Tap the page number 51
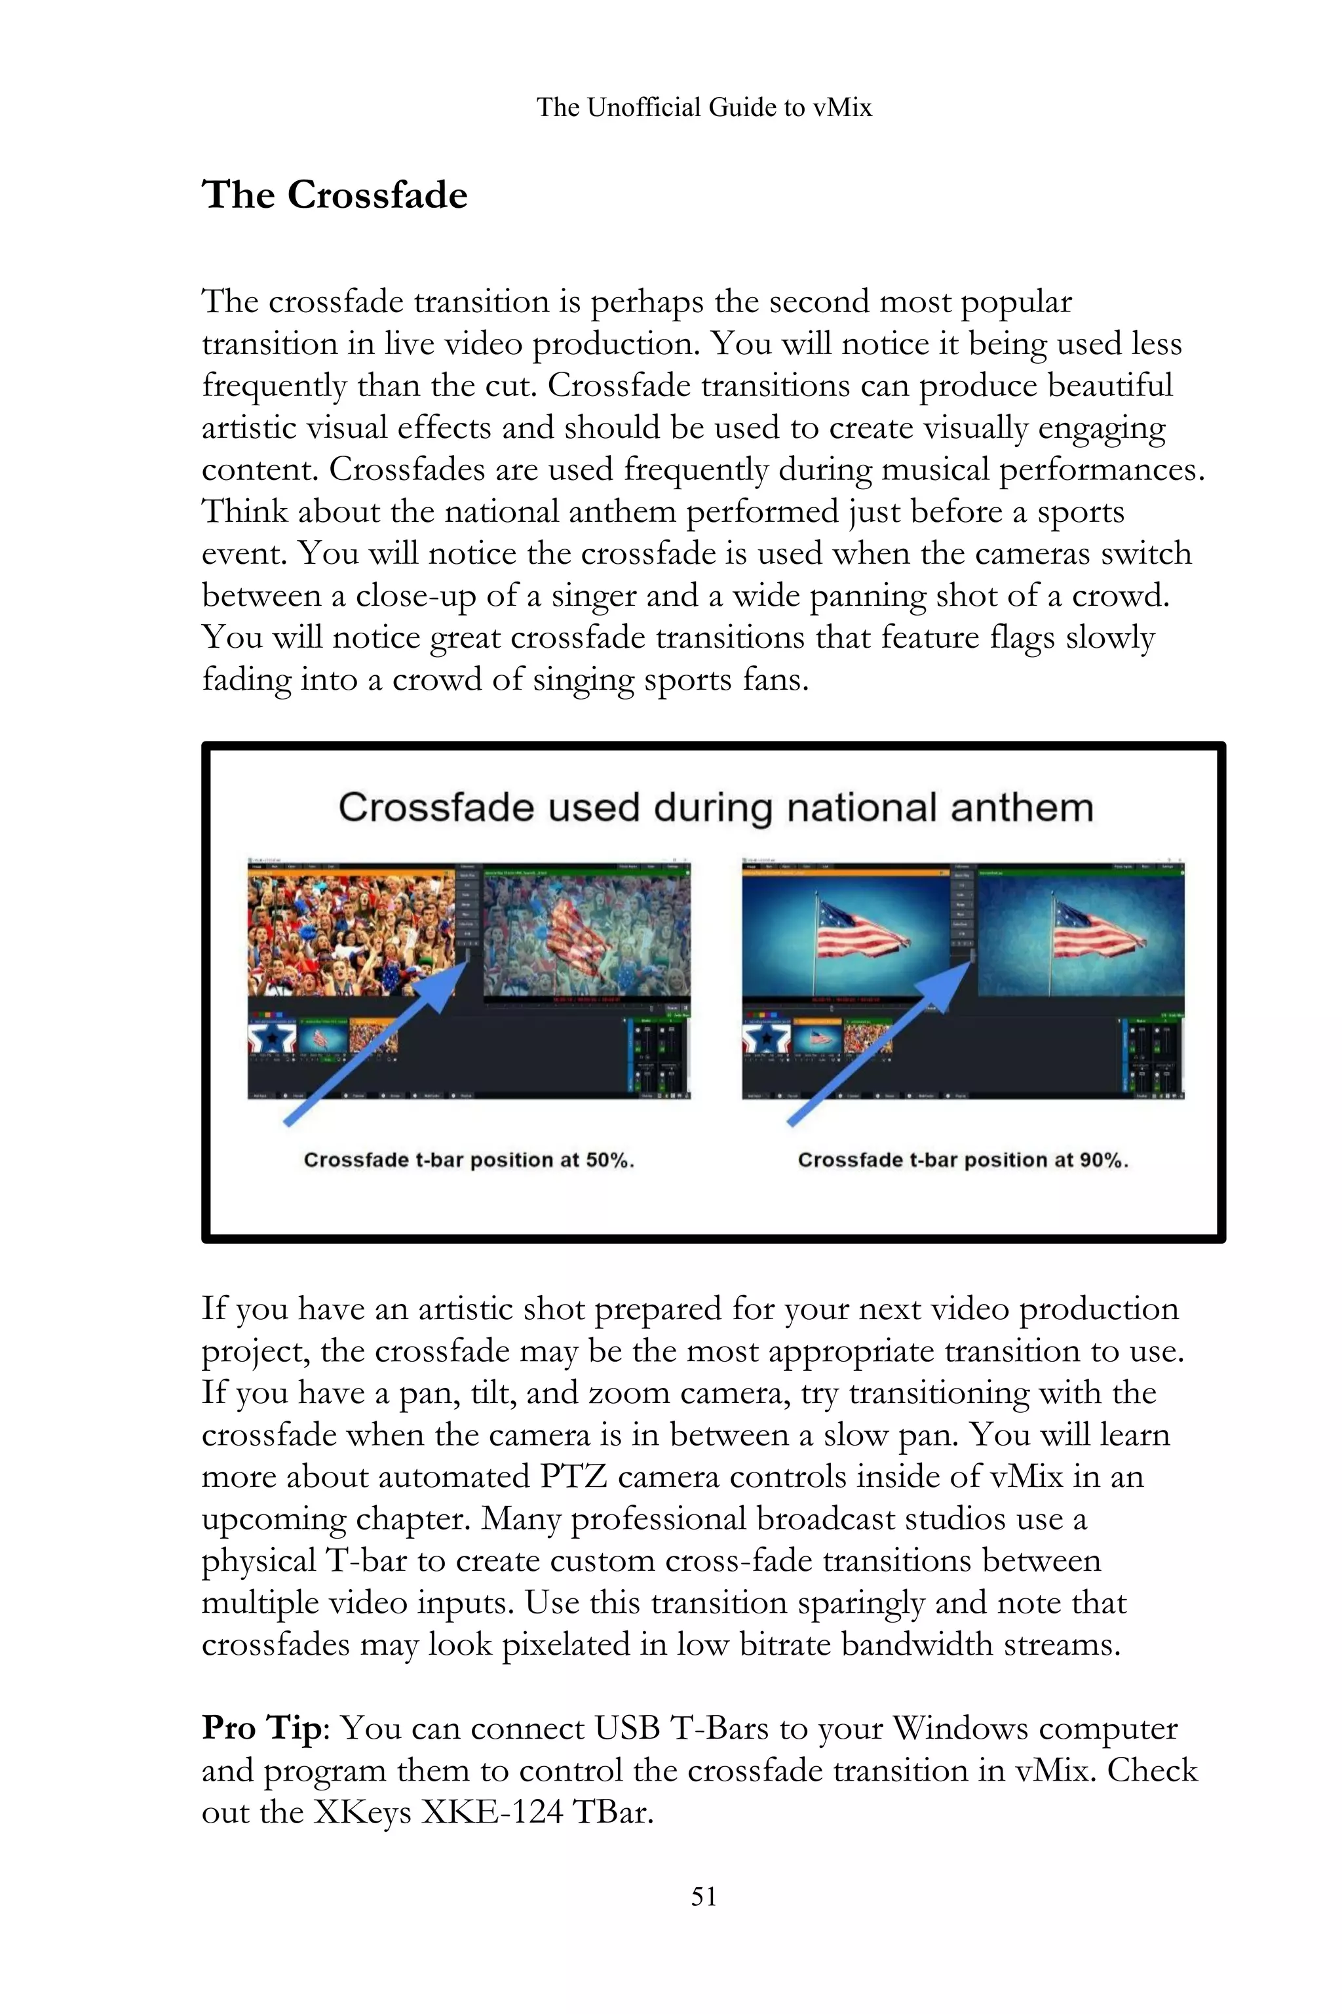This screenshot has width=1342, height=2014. (x=704, y=1896)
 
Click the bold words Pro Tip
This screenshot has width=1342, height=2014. (x=262, y=1728)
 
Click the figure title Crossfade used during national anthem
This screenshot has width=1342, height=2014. (x=716, y=808)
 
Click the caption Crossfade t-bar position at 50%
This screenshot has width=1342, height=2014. (x=468, y=1160)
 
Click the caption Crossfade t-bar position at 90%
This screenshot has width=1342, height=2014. (x=963, y=1160)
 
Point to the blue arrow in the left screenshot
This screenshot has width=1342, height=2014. (x=377, y=1040)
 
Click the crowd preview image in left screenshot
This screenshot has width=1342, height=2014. (x=351, y=934)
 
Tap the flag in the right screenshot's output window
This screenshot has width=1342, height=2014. (x=1096, y=929)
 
